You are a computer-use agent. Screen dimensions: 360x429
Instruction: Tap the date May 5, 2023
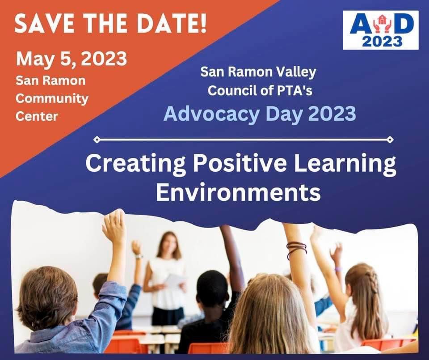coord(71,59)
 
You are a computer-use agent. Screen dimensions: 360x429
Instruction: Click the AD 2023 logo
coord(380,30)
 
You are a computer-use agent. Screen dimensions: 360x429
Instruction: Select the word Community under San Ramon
coord(52,98)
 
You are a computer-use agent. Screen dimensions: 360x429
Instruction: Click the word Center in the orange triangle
coord(37,116)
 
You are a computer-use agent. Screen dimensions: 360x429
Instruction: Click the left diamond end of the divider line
coord(97,140)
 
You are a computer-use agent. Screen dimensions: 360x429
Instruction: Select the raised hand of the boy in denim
coord(114,226)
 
